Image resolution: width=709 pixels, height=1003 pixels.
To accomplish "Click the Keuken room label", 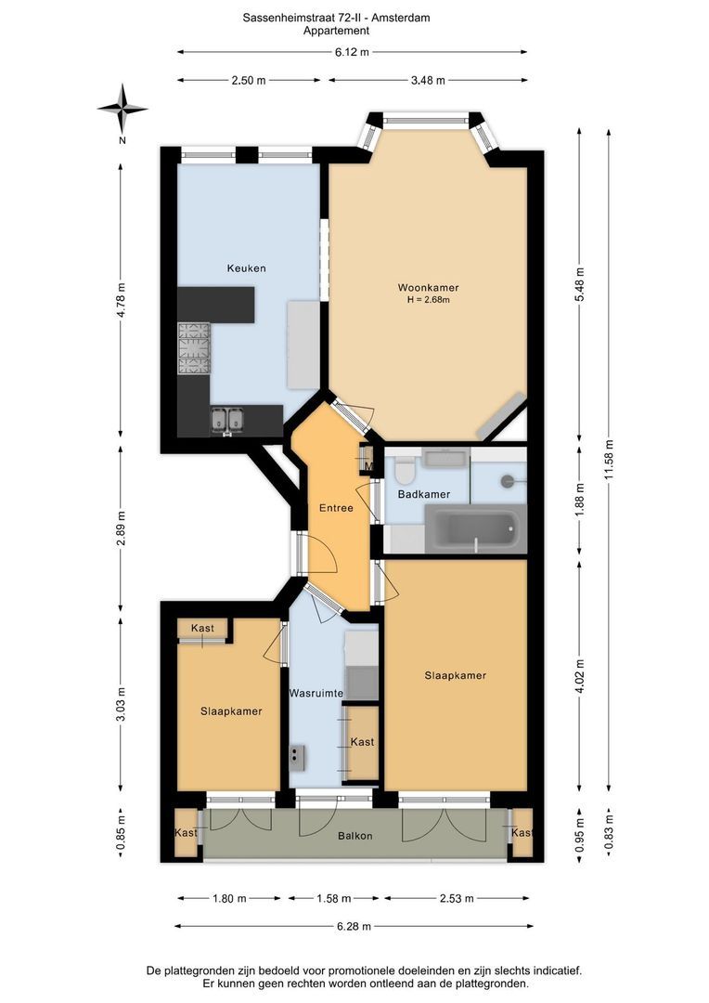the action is point(246,268).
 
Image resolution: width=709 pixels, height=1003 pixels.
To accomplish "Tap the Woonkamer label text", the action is point(429,288).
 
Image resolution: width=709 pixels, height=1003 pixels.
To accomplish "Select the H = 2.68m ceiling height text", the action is point(429,299).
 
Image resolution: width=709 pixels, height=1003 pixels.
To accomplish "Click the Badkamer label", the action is point(424,494).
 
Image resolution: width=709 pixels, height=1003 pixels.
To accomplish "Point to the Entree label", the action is point(336,508).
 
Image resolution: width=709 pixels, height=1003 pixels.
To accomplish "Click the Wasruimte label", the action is point(316,693).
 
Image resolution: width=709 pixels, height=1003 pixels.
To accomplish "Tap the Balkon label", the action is point(354,836).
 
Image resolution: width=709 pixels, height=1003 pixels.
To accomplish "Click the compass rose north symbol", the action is point(122,110).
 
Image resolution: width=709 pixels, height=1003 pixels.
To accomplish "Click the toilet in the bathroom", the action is point(405,469).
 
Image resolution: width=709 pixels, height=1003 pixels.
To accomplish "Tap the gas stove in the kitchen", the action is point(194,348).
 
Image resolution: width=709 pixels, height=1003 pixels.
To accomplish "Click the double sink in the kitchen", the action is point(227,421).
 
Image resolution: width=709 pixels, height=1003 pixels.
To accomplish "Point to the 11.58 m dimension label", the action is point(609,460).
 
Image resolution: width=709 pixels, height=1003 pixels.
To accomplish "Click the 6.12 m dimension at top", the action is point(352,52).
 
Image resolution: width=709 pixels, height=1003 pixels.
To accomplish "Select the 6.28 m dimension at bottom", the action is point(354,926).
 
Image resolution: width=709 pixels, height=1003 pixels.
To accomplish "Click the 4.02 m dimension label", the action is point(579,675).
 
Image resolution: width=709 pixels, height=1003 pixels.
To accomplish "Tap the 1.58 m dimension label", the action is point(334,898).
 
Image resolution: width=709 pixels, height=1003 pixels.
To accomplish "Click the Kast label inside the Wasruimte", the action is point(363,742).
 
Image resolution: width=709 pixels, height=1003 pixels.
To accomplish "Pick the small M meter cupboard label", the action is point(369,465).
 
